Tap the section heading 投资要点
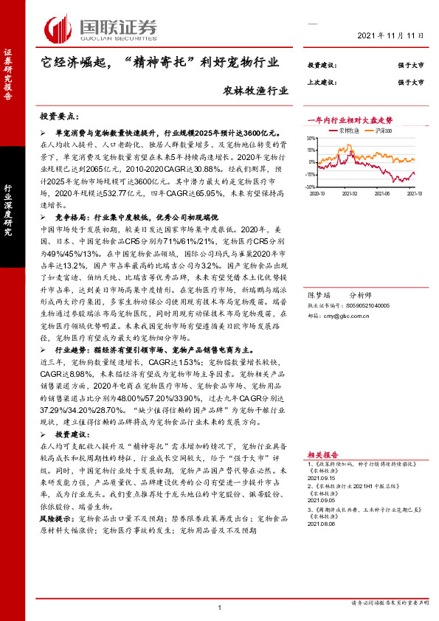pyautogui.click(x=59, y=117)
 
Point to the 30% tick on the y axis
pyautogui.click(x=312, y=137)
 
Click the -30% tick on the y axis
pyautogui.click(x=311, y=187)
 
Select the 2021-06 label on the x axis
pyautogui.click(x=381, y=193)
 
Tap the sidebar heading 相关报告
pyautogui.click(x=322, y=455)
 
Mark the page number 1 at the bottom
pyautogui.click(x=220, y=607)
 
